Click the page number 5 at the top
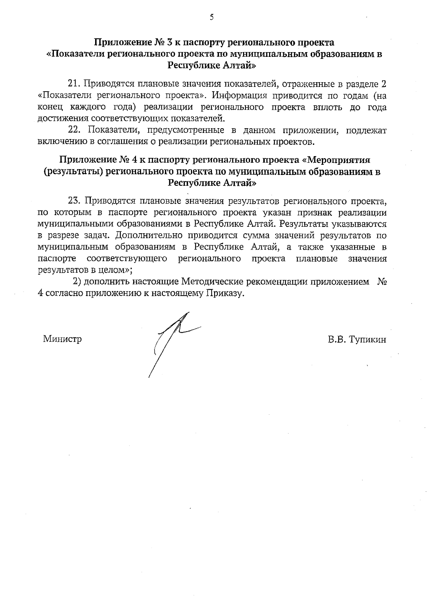point(212,17)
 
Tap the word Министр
point(62,339)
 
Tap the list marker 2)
point(77,281)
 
